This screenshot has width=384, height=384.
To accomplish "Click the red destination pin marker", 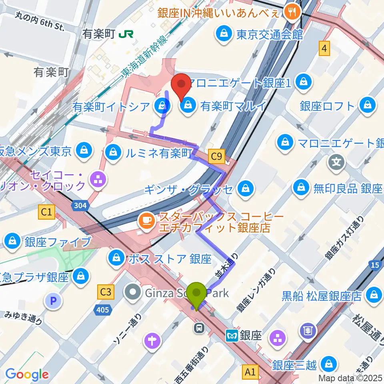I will click(x=181, y=85).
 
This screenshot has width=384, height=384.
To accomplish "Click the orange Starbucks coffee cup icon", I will click(x=146, y=220).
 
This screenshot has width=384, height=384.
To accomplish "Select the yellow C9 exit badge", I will click(x=217, y=156).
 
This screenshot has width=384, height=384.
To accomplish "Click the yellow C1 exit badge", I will click(x=46, y=212).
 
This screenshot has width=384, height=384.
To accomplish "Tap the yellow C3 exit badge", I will click(x=105, y=292).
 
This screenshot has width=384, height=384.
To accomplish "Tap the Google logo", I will click(x=26, y=374).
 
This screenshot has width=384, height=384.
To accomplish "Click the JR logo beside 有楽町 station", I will click(x=124, y=35).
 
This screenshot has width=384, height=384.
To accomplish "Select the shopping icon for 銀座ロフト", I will click(x=366, y=106).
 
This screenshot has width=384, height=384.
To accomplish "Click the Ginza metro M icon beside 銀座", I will click(x=232, y=335).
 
